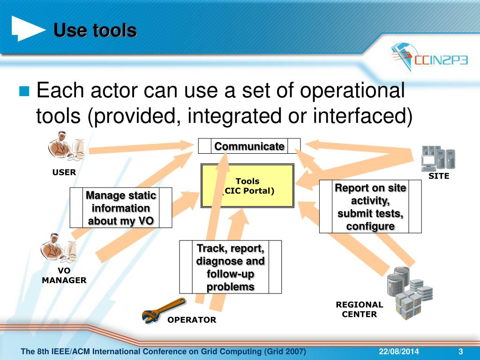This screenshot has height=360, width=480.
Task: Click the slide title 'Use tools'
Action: pyautogui.click(x=95, y=31)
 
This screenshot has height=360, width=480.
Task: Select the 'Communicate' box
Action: pyautogui.click(x=249, y=146)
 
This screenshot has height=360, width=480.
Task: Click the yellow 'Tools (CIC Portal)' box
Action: pyautogui.click(x=247, y=186)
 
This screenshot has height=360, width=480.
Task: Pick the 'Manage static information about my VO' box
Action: pyautogui.click(x=121, y=208)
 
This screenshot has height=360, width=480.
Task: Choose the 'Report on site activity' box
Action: pyautogui.click(x=370, y=207)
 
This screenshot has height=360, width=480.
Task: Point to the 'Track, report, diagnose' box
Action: pyautogui.click(x=230, y=267)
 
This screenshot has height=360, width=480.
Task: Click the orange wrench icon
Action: pyautogui.click(x=164, y=309)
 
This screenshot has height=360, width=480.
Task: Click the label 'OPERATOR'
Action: pyautogui.click(x=192, y=320)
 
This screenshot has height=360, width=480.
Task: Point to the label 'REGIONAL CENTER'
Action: pyautogui.click(x=359, y=309)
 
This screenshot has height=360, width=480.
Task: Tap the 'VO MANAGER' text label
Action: pyautogui.click(x=64, y=276)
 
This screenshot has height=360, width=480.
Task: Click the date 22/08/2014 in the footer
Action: pyautogui.click(x=399, y=352)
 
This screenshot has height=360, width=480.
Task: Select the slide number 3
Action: pyautogui.click(x=460, y=352)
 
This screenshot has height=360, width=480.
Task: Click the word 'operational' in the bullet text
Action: pyautogui.click(x=352, y=91)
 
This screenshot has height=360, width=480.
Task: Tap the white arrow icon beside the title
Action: pyautogui.click(x=28, y=29)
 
